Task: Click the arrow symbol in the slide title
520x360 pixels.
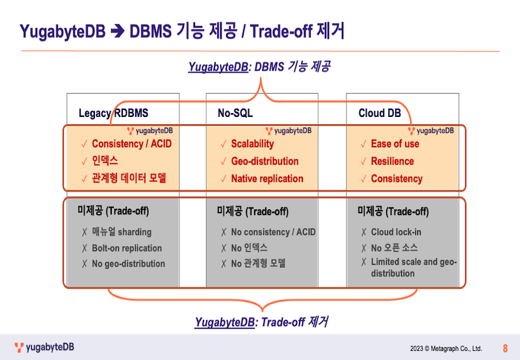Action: [118, 32]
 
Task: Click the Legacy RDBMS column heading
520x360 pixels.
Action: [113, 113]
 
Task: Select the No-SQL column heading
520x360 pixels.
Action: [235, 113]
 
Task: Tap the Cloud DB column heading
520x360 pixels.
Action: [380, 113]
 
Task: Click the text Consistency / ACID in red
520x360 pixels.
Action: [132, 144]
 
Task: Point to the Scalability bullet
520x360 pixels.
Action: [252, 144]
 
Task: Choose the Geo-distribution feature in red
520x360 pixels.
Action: [265, 161]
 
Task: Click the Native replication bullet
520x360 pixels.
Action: [267, 179]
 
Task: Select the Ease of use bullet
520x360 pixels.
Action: [395, 144]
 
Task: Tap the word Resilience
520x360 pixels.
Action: [393, 161]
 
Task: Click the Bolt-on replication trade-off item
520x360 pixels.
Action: [127, 248]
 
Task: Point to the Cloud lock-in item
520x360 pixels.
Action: [396, 232]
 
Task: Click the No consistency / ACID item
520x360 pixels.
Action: [273, 232]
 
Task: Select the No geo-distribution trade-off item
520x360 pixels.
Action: [128, 264]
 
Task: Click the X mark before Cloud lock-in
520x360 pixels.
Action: [364, 232]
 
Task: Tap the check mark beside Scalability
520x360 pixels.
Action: [224, 144]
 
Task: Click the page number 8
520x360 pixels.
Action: [505, 348]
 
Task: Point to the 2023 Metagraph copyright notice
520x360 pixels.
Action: [446, 349]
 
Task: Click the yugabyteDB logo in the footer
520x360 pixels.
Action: [44, 348]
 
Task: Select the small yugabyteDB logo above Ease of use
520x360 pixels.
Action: [431, 131]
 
